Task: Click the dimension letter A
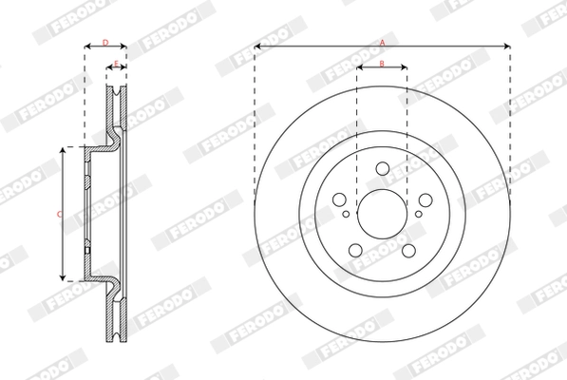[382, 42]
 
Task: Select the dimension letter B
[381, 64]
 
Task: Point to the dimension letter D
[105, 42]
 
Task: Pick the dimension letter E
[115, 64]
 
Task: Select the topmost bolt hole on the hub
[382, 169]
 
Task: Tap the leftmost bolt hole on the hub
[338, 200]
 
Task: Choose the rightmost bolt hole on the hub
[425, 200]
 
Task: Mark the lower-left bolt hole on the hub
[355, 251]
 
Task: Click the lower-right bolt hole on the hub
[408, 251]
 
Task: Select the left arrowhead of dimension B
[360, 68]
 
